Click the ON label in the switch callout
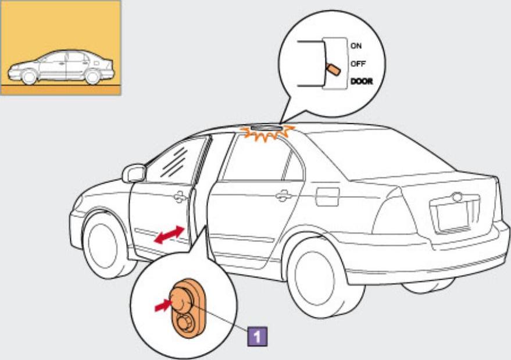355,45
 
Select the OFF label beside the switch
357,63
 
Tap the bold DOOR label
360,81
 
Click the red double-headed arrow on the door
169,235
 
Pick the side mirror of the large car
134,173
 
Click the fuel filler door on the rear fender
327,197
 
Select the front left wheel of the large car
105,244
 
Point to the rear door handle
283,195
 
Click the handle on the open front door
181,198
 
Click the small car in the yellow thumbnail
61,67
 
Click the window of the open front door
174,161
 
